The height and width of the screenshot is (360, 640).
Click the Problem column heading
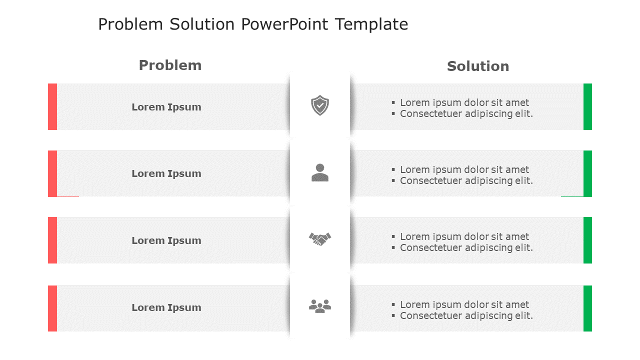[x=170, y=65]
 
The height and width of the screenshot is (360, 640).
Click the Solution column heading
[x=478, y=66]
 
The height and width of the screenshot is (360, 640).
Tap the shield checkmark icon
[x=320, y=105]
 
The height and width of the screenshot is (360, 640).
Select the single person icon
[x=320, y=172]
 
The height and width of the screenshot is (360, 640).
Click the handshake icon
[x=320, y=239]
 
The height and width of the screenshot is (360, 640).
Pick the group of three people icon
[x=320, y=306]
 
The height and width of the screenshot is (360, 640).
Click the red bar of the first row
[x=52, y=106]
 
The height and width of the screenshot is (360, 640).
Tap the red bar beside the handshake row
[x=52, y=240]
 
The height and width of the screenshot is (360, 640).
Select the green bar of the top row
[x=587, y=106]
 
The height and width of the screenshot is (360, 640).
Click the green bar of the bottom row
[x=587, y=308]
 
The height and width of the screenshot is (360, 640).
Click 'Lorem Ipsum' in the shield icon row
[x=166, y=107]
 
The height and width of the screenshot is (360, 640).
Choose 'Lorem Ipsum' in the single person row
[x=166, y=173]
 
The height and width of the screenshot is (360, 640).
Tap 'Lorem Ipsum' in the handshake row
[x=166, y=240]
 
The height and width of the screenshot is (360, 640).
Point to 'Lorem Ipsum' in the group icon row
[x=166, y=307]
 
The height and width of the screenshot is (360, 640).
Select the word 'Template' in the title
[x=371, y=24]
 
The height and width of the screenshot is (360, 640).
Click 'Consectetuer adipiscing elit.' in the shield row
[x=466, y=114]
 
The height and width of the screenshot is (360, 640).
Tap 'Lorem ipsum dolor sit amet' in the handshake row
[x=464, y=236]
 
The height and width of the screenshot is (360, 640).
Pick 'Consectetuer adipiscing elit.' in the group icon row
[x=466, y=316]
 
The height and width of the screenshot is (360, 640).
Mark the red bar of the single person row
[x=52, y=173]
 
